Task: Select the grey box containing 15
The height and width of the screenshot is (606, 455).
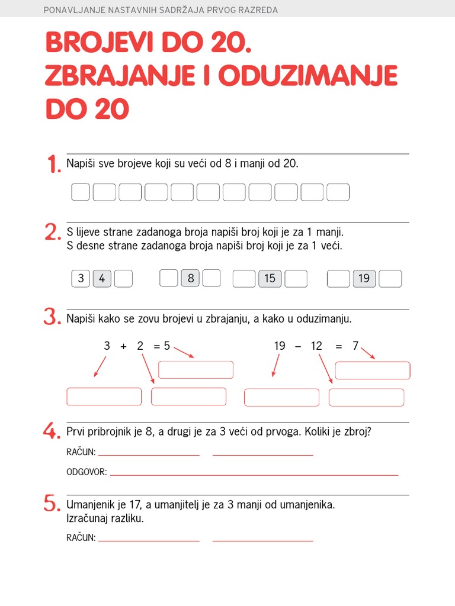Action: [270, 278]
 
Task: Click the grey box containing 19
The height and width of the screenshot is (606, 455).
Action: [364, 278]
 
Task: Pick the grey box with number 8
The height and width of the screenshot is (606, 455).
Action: [190, 278]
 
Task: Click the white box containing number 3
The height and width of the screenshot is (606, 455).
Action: [81, 278]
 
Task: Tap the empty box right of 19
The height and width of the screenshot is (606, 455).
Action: [390, 278]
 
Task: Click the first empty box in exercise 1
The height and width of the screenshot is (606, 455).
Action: [81, 192]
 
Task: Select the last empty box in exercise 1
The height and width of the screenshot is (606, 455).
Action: [338, 192]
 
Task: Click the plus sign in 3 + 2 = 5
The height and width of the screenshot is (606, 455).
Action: [123, 346]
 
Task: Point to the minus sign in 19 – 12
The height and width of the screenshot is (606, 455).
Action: [298, 346]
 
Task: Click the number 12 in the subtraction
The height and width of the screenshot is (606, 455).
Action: [316, 346]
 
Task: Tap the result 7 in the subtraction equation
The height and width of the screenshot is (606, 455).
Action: [355, 346]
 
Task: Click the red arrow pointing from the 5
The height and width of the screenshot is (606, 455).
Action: [184, 353]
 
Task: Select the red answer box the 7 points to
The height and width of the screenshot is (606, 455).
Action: [372, 370]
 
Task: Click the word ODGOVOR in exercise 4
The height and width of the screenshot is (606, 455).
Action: [86, 472]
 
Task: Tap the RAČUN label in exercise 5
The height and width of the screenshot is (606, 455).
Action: [81, 538]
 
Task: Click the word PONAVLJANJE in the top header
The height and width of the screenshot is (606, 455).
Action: [69, 10]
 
